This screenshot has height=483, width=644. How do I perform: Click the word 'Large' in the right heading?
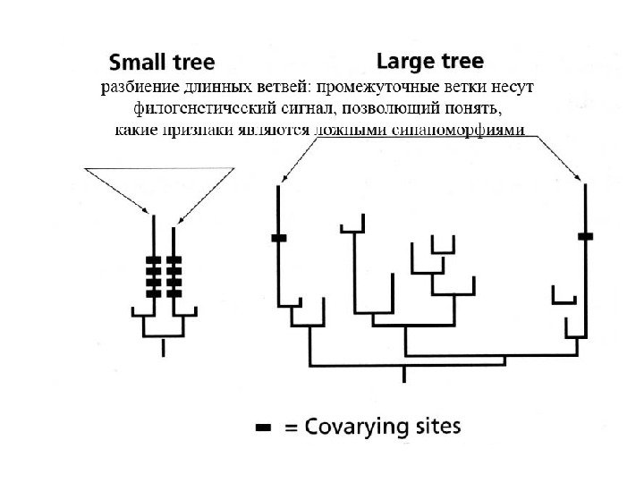(x=403, y=62)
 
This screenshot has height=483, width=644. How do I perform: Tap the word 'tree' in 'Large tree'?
(x=459, y=62)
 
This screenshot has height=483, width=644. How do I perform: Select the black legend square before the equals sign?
(x=264, y=429)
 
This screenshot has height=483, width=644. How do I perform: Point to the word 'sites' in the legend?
(x=437, y=427)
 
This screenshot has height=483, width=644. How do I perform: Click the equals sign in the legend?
(x=291, y=428)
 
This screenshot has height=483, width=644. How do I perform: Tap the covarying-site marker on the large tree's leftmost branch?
(x=278, y=237)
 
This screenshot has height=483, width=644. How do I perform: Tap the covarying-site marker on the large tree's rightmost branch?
(x=586, y=236)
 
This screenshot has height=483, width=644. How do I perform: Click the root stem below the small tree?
(x=163, y=347)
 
